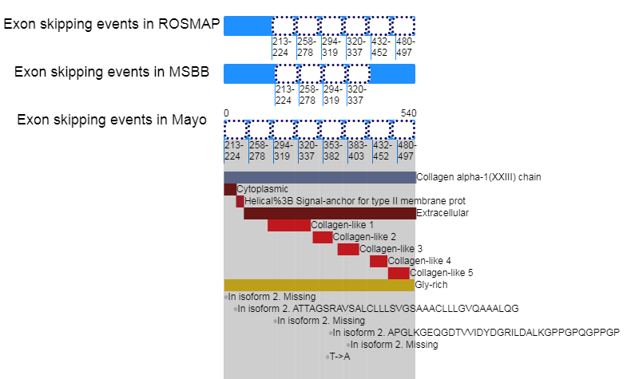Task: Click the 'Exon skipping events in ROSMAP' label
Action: (x=112, y=24)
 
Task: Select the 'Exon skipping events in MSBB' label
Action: (x=112, y=72)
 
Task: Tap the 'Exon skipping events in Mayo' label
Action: (x=112, y=120)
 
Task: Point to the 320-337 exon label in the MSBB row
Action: (x=355, y=95)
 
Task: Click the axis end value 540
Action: (x=408, y=113)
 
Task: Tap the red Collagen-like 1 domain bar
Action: (x=288, y=226)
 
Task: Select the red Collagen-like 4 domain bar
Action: (x=378, y=261)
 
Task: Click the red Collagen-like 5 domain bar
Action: (x=399, y=273)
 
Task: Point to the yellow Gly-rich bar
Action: (x=319, y=285)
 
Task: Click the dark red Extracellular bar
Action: (x=329, y=214)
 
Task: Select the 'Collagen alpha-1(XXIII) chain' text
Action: (x=479, y=177)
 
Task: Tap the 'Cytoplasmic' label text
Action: (x=262, y=189)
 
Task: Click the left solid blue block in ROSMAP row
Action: (x=247, y=26)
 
